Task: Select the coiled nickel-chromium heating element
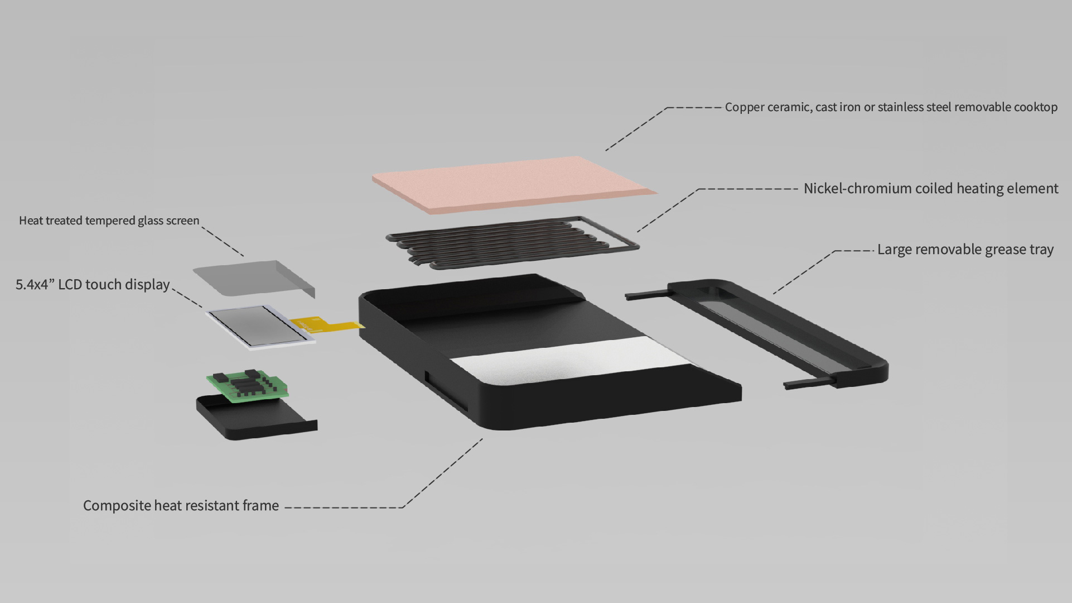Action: [x=512, y=242]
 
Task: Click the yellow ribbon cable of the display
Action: [x=326, y=326]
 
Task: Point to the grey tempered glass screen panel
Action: [x=254, y=278]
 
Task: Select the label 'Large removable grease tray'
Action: [x=965, y=250]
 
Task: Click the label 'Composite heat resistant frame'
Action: [x=181, y=506]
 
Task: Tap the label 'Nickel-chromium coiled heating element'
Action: [x=931, y=189]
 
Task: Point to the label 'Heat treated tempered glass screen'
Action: [x=109, y=221]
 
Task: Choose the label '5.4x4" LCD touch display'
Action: [x=93, y=285]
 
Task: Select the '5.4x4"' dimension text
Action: [x=35, y=285]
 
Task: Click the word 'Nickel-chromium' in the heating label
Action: [x=857, y=189]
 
